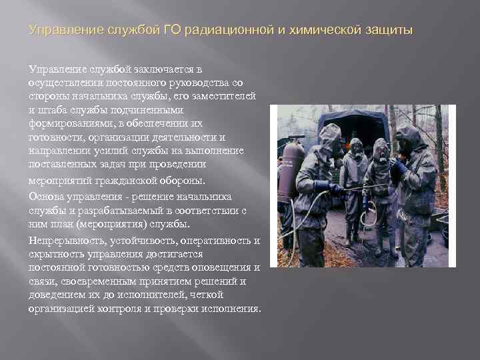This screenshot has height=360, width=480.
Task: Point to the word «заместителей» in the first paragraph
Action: [x=225, y=97]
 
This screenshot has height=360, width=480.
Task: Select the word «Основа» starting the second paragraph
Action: [x=47, y=195]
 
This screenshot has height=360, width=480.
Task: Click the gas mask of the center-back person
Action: [x=357, y=148]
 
